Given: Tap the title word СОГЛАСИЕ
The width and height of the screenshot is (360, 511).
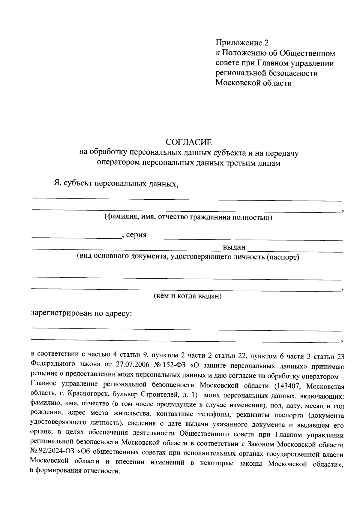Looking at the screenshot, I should (x=189, y=142).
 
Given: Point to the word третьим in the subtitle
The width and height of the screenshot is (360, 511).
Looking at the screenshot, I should (x=238, y=163).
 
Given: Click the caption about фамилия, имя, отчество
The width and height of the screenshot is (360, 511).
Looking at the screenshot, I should (x=188, y=217).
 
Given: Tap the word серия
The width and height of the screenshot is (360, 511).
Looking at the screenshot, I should (x=136, y=235).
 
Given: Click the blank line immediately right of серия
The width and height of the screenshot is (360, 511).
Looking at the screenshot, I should (x=190, y=239).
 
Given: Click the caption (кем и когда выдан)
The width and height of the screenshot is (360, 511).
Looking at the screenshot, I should (x=187, y=296).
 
